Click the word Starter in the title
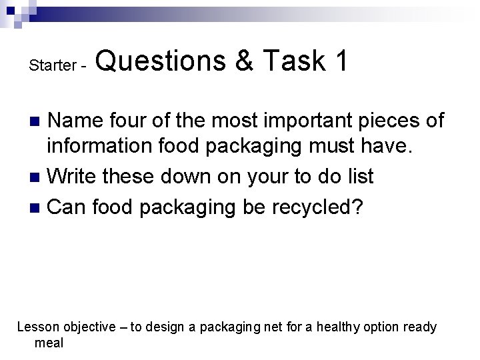(51, 65)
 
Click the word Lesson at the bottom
(37, 327)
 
